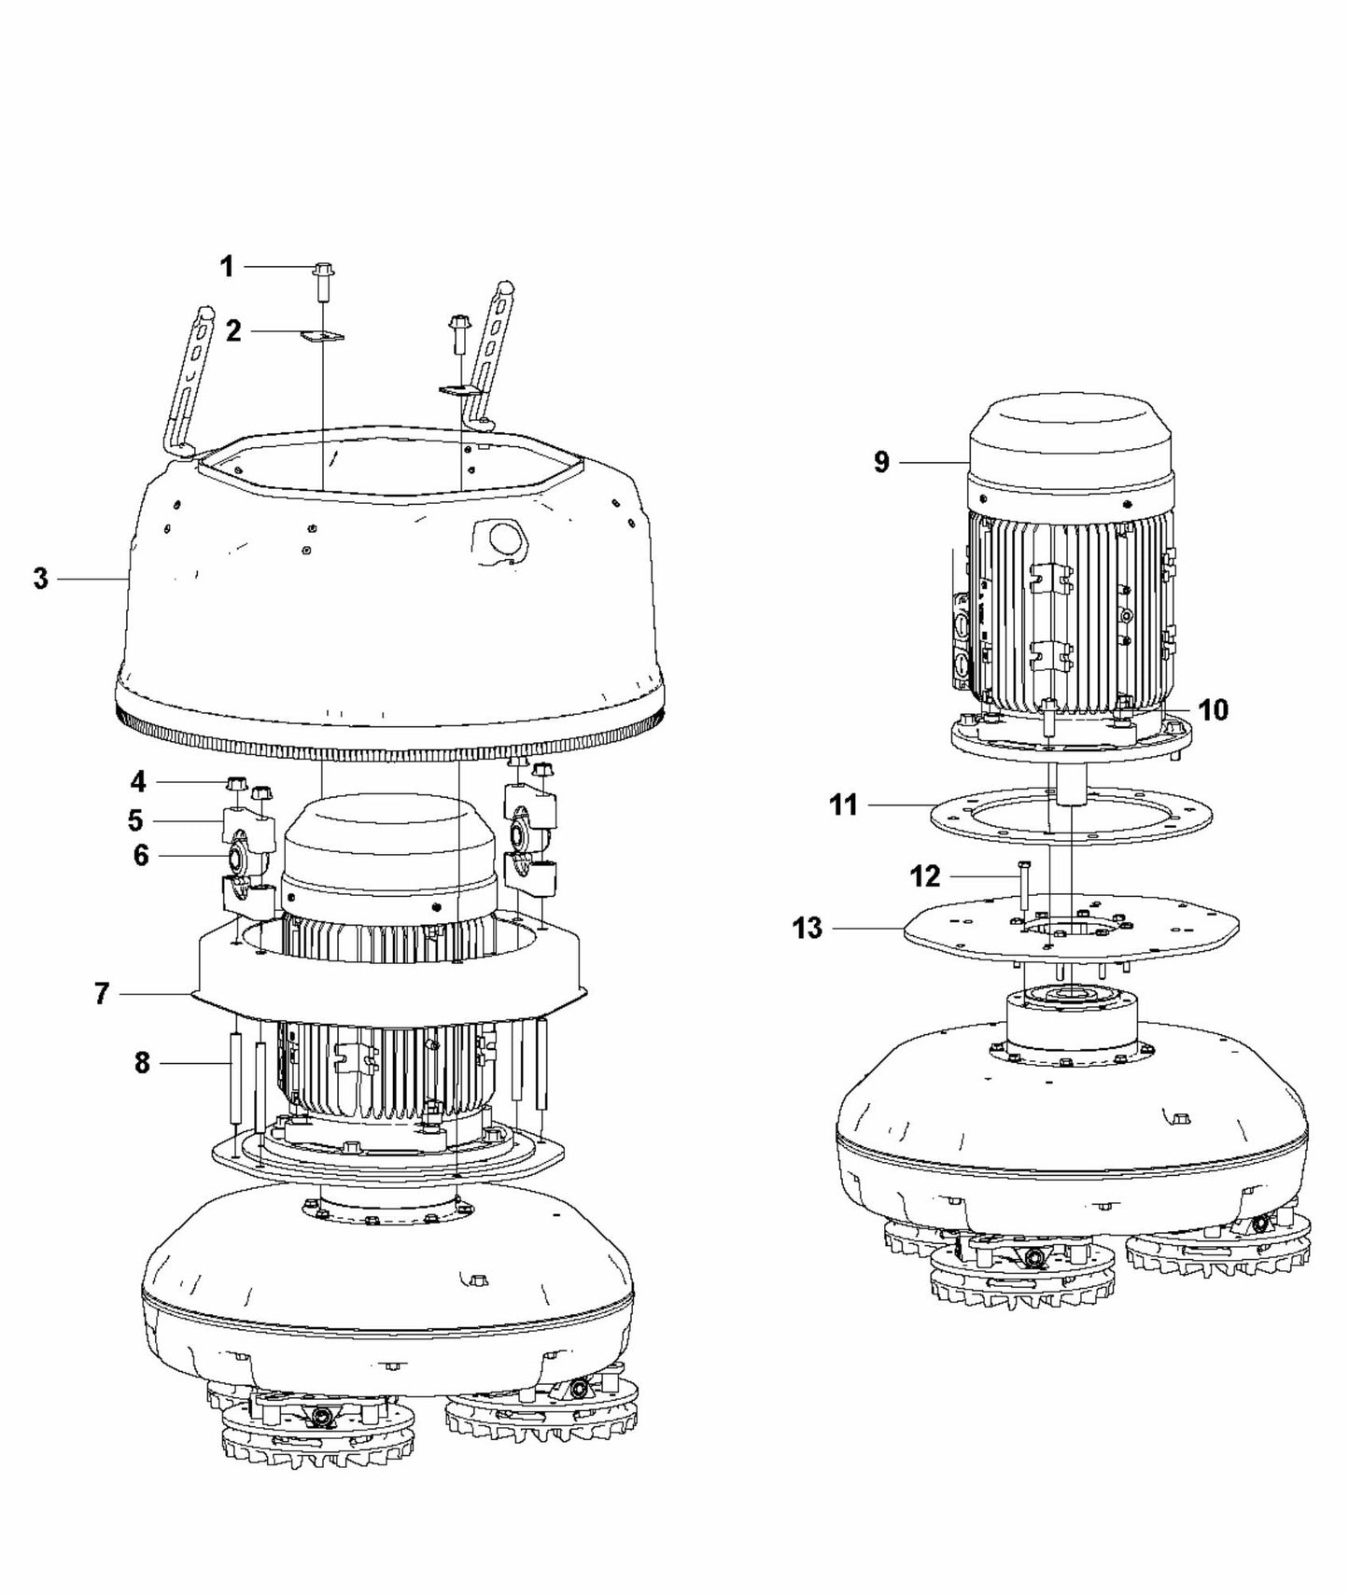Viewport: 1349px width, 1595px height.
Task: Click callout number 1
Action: (x=227, y=267)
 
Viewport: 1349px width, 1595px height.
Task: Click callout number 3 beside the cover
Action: (x=40, y=579)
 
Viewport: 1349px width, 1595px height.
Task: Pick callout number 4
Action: (x=138, y=781)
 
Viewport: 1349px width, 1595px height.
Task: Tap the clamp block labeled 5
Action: (x=246, y=825)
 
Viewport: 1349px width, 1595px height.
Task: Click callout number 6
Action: (x=140, y=855)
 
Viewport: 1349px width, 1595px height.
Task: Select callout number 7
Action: (x=103, y=994)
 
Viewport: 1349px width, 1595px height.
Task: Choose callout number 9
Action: (x=881, y=462)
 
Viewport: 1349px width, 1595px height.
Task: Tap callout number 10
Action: (x=1213, y=710)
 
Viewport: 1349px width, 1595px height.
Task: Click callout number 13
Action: (x=808, y=929)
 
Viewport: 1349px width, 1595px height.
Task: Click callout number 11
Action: (x=843, y=804)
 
